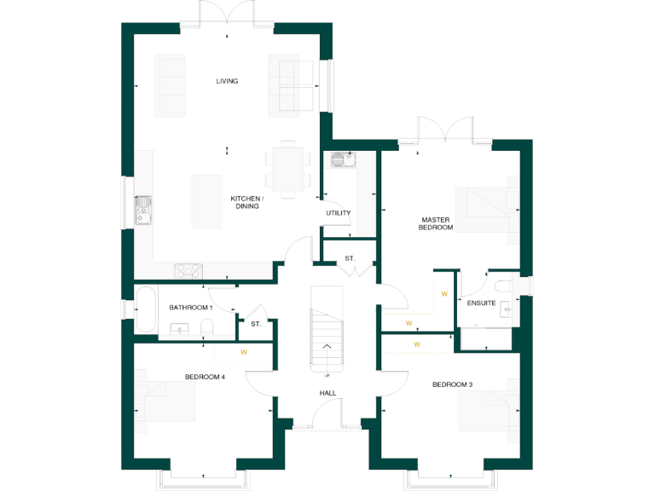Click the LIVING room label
tap(227, 81)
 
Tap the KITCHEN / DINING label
tap(247, 202)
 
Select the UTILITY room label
tap(338, 213)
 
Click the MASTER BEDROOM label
tap(435, 223)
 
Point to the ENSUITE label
tap(481, 303)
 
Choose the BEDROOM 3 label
tap(452, 384)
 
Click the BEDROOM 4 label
tap(205, 377)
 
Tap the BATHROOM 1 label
tap(190, 307)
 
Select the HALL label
tap(327, 393)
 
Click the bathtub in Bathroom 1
tap(144, 310)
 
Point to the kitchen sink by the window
tap(142, 210)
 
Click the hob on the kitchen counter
tap(188, 270)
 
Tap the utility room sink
tap(342, 159)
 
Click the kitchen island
tap(206, 201)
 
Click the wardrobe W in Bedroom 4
tap(244, 351)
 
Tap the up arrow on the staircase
tap(327, 346)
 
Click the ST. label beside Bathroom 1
tap(255, 324)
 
